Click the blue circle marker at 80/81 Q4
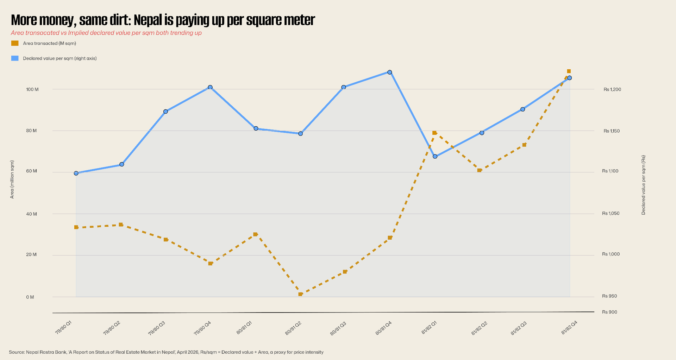click(389, 72)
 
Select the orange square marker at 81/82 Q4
click(569, 71)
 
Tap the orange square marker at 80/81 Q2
click(300, 294)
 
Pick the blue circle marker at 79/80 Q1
click(76, 173)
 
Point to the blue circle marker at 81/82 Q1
click(435, 156)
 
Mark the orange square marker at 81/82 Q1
click(434, 133)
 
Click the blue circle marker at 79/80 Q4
click(210, 87)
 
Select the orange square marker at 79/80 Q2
click(121, 225)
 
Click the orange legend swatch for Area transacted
click(15, 43)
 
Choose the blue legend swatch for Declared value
click(15, 58)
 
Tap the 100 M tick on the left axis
click(32, 89)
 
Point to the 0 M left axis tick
click(30, 297)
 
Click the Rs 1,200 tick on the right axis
click(612, 89)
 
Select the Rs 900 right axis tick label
click(609, 312)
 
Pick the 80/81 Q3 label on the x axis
click(338, 328)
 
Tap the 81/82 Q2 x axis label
click(479, 328)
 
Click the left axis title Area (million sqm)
click(12, 179)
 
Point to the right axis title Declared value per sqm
click(643, 185)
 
